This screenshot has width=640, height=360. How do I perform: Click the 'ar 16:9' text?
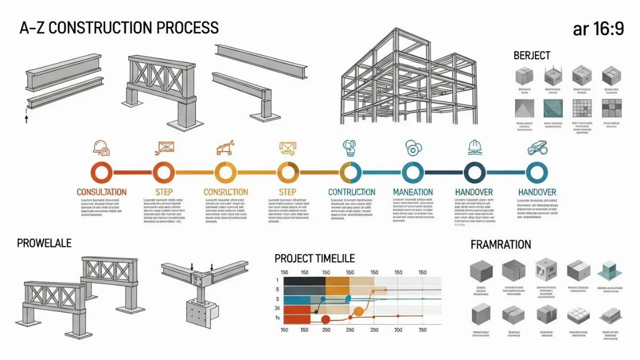pyautogui.click(x=598, y=29)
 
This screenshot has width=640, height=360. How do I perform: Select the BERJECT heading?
pyautogui.click(x=532, y=55)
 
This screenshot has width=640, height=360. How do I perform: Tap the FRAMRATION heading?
pyautogui.click(x=500, y=245)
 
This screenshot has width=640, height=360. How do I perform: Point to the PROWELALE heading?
pyautogui.click(x=44, y=243)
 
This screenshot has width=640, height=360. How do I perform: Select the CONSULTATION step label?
pyautogui.click(x=101, y=191)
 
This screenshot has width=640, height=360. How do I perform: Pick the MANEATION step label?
pyautogui.click(x=412, y=191)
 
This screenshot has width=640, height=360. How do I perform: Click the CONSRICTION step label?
pyautogui.click(x=226, y=191)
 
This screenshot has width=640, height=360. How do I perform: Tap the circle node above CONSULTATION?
pyautogui.click(x=101, y=172)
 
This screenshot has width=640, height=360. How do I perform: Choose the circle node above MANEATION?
pyautogui.click(x=412, y=172)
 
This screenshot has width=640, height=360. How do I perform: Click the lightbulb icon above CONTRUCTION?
pyautogui.click(x=349, y=147)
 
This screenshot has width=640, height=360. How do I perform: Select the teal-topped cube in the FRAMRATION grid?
pyautogui.click(x=610, y=270)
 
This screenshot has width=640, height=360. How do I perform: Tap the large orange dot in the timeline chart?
pyautogui.click(x=358, y=311)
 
